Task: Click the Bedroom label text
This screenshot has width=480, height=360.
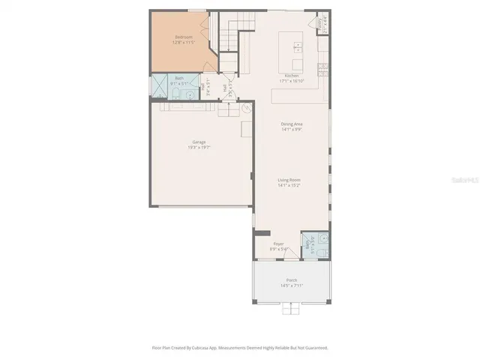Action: coord(183,37)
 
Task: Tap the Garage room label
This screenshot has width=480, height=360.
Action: coord(199,142)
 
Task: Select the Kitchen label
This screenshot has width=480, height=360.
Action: coord(291,76)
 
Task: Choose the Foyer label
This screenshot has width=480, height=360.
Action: coord(278,244)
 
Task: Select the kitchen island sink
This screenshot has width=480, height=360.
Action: coord(298,46)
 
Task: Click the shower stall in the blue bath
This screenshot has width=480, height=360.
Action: coord(160,87)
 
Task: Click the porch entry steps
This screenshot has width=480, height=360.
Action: coord(291,308)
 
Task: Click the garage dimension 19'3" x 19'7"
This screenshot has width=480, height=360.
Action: coord(199,147)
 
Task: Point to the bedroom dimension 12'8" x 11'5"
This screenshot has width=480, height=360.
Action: coord(183,42)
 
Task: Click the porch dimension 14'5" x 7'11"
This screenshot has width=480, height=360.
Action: coord(291,285)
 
